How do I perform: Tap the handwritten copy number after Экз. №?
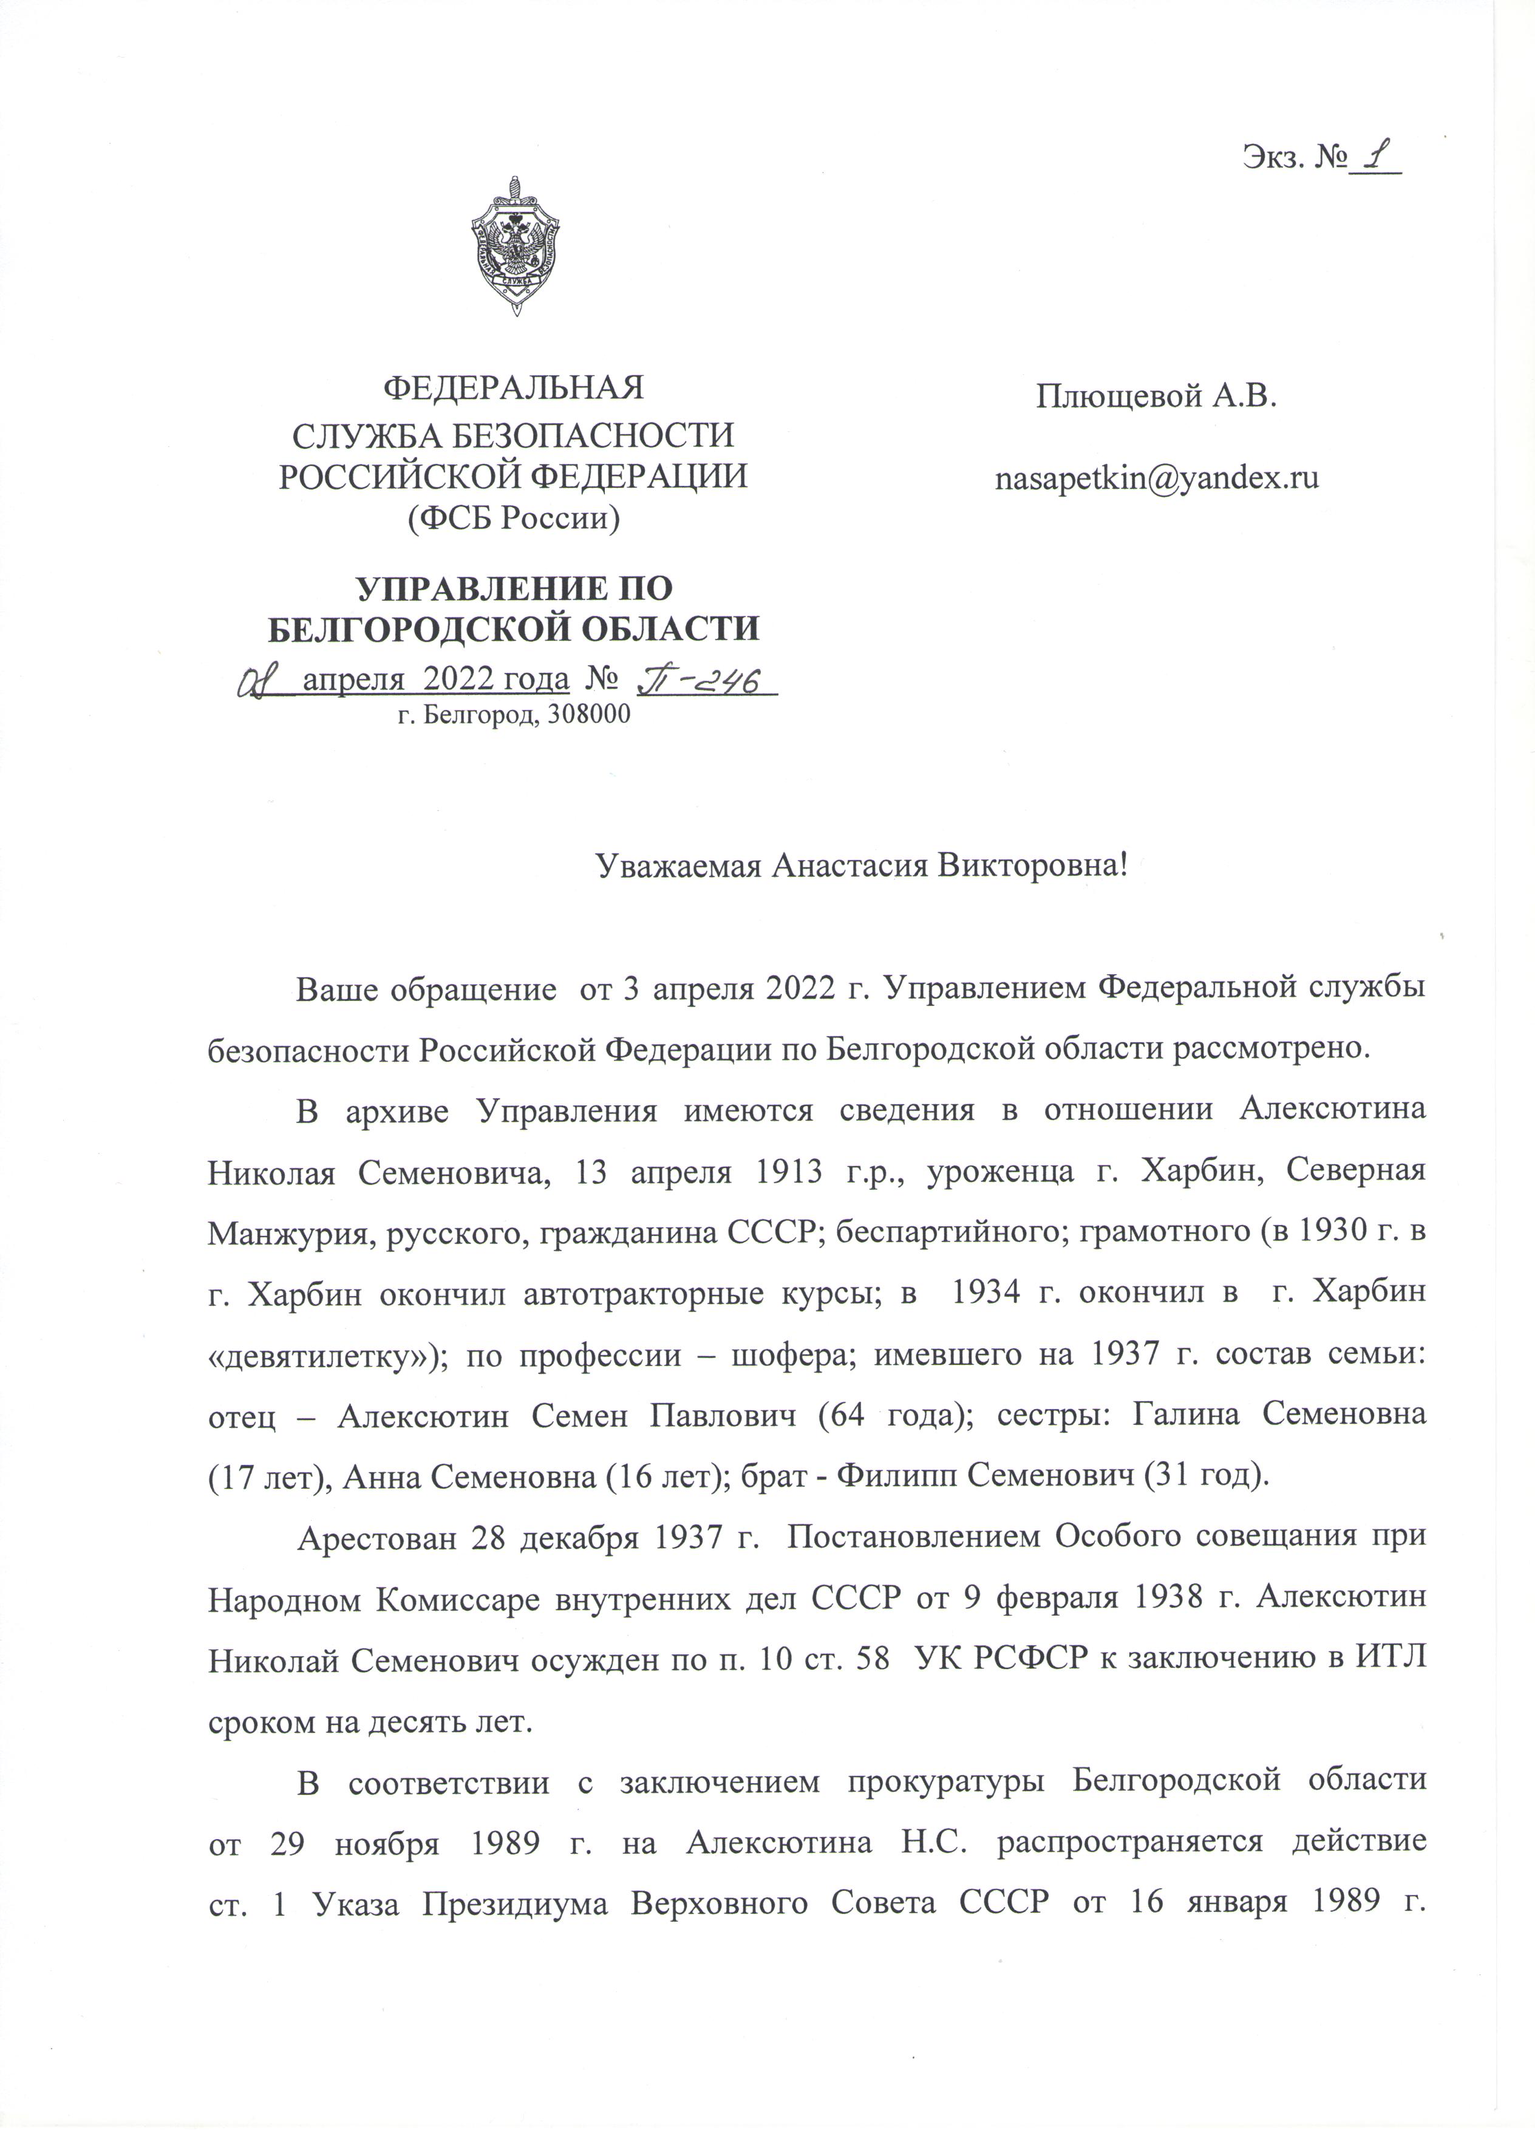click(x=1375, y=158)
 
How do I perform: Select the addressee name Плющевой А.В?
click(x=1157, y=397)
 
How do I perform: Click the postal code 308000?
click(x=588, y=715)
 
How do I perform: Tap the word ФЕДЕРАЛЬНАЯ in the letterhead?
click(x=516, y=387)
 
